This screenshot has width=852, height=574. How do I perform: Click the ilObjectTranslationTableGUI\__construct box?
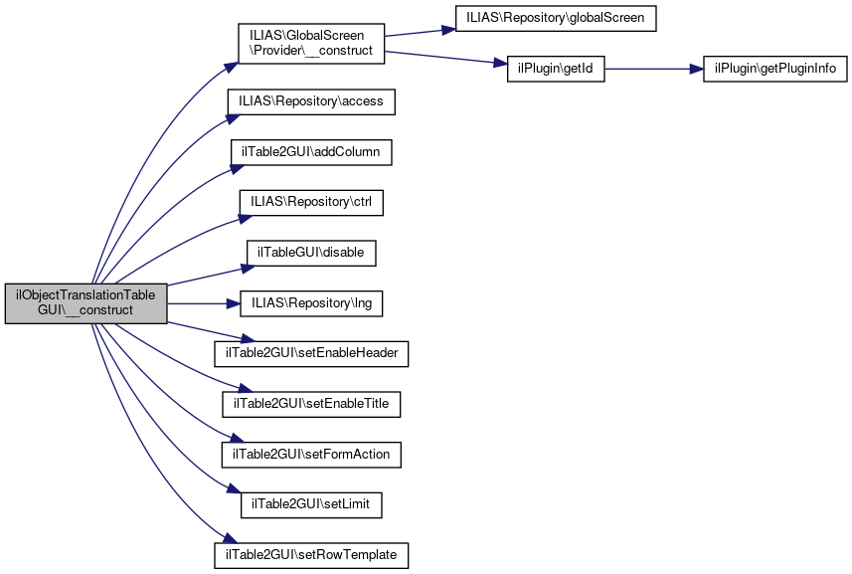pyautogui.click(x=85, y=303)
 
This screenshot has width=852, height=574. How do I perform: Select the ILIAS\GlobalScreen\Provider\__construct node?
pyautogui.click(x=311, y=44)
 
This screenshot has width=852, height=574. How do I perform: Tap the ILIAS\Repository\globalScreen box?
pyautogui.click(x=556, y=19)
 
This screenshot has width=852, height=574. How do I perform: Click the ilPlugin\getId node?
pyautogui.click(x=556, y=69)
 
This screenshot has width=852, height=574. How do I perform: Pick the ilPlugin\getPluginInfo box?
pyautogui.click(x=774, y=69)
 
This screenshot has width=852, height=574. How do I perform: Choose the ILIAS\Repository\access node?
pyautogui.click(x=311, y=101)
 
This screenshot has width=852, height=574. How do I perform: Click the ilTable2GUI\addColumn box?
pyautogui.click(x=311, y=152)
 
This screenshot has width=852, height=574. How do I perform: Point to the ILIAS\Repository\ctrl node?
pyautogui.click(x=311, y=203)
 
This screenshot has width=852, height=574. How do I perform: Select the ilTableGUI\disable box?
pyautogui.click(x=311, y=254)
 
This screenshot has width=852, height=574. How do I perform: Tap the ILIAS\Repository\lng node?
pyautogui.click(x=311, y=303)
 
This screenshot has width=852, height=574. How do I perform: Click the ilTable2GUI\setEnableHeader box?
pyautogui.click(x=311, y=354)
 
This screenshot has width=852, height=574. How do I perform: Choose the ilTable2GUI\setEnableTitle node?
pyautogui.click(x=311, y=405)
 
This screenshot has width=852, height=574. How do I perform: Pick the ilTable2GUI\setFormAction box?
pyautogui.click(x=311, y=455)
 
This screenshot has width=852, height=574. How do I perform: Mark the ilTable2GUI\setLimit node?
pyautogui.click(x=311, y=505)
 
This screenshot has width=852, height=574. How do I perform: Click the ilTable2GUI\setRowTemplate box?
pyautogui.click(x=311, y=555)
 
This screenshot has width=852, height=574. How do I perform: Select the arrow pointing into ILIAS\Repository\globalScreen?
pyautogui.click(x=420, y=33)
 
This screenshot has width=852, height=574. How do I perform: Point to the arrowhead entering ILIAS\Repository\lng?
pyautogui.click(x=233, y=303)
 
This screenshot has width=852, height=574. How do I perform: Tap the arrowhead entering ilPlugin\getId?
pyautogui.click(x=500, y=63)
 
